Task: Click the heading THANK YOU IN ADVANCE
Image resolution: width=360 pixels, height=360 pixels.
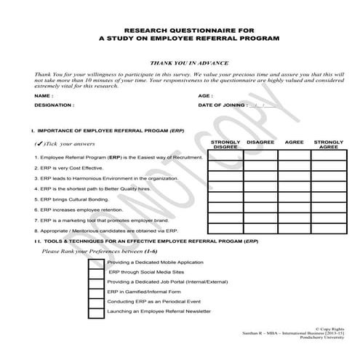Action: (179, 64)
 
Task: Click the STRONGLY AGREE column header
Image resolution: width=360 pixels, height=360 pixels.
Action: (328, 144)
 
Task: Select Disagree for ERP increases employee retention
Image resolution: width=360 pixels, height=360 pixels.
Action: (260, 208)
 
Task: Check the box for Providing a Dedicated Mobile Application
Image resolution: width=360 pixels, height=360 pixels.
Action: (95, 261)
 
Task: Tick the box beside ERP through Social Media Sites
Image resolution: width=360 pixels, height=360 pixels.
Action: (95, 271)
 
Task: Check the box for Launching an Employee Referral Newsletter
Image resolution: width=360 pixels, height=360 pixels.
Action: (95, 311)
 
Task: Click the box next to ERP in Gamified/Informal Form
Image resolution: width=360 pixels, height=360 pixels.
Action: (95, 291)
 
